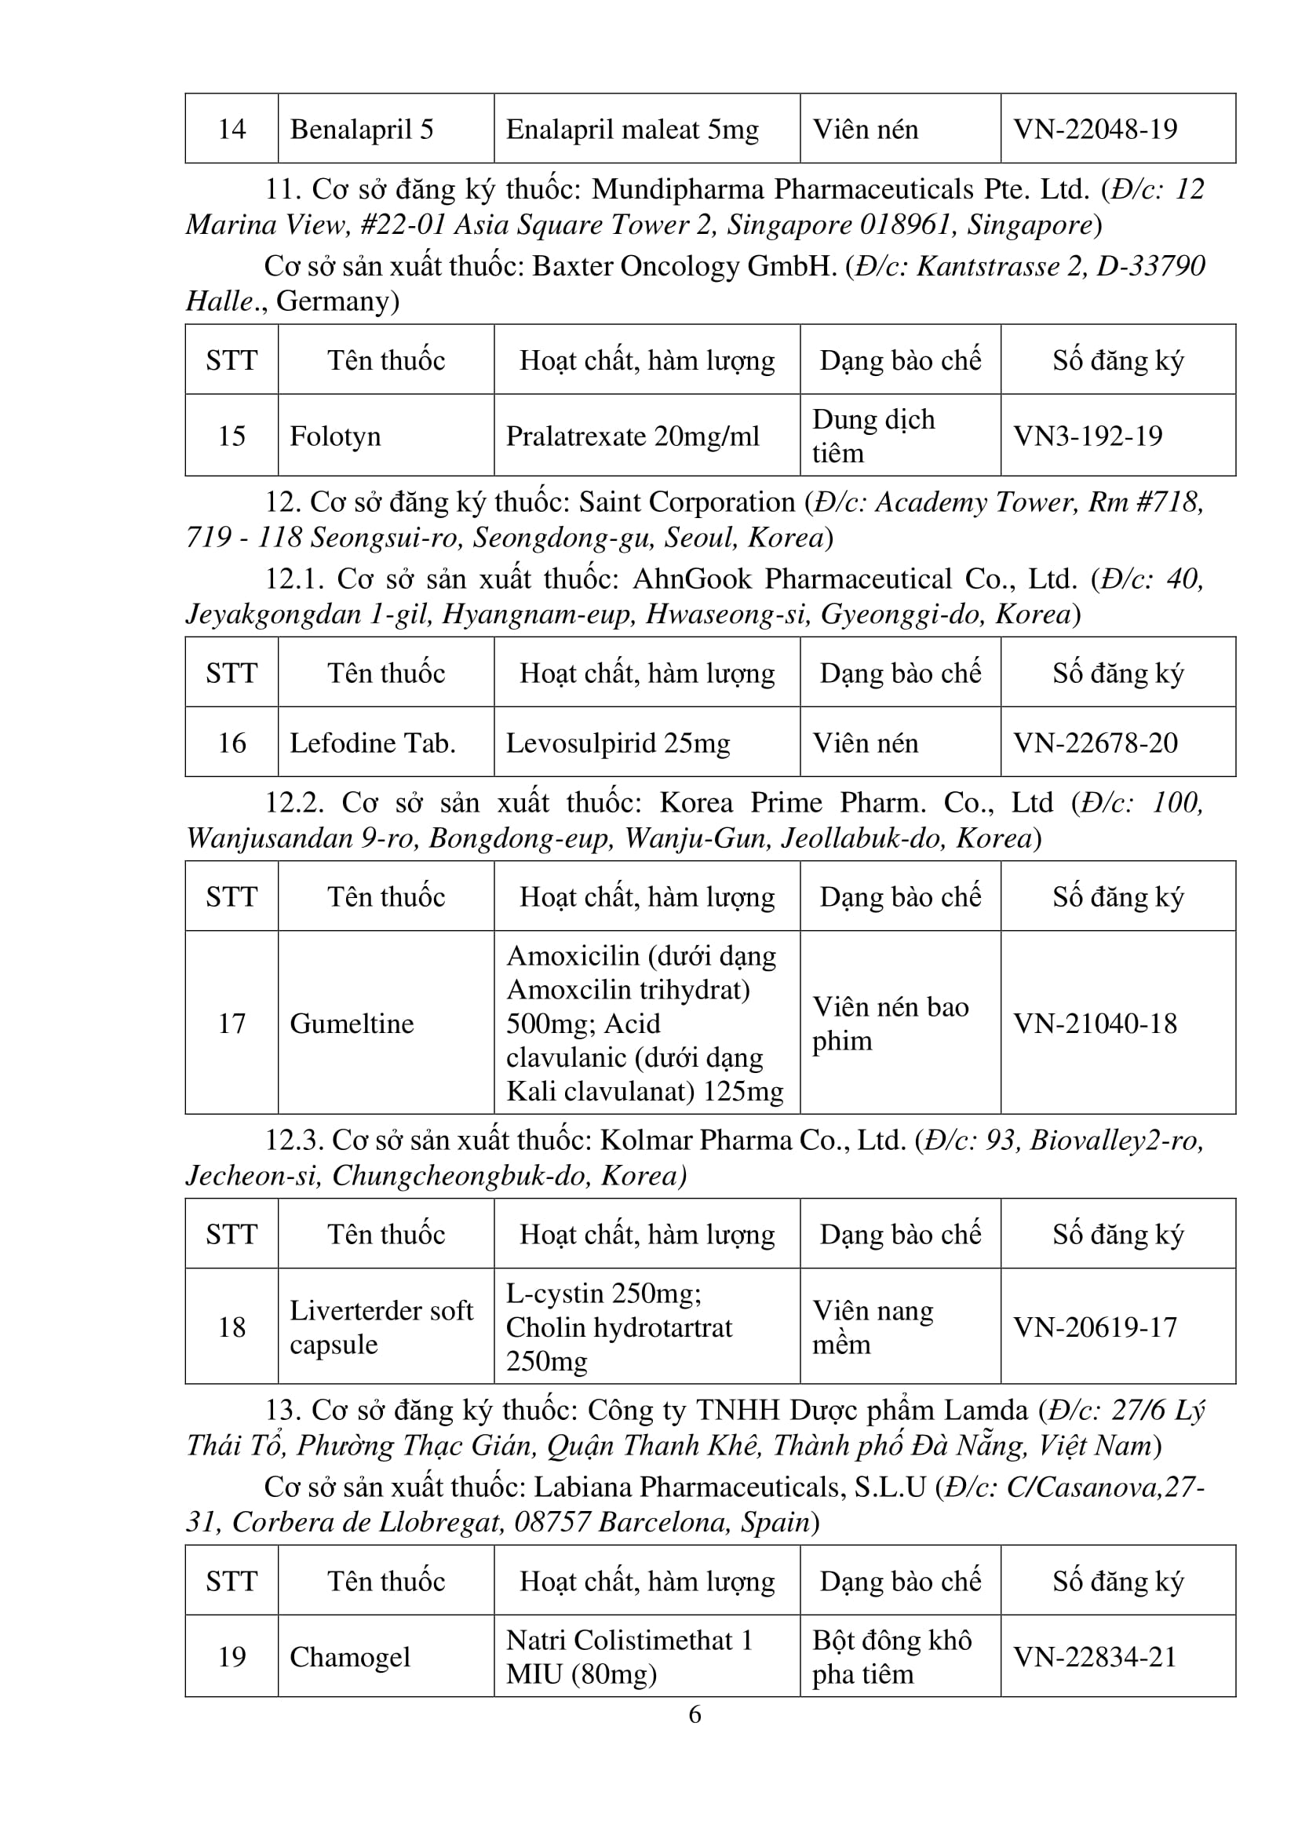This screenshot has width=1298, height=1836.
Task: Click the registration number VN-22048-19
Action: (1095, 129)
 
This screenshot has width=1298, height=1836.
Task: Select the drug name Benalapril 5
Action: (361, 129)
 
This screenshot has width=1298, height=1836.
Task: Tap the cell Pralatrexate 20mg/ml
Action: (633, 436)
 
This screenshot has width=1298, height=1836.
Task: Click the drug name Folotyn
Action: (335, 436)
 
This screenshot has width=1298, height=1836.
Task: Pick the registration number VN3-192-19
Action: (1087, 436)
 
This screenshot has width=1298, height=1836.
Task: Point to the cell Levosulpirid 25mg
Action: (618, 743)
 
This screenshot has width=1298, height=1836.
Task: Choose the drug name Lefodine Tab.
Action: (373, 743)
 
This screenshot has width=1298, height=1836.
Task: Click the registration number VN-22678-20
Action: (1095, 743)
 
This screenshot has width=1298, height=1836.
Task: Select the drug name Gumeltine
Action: (352, 1024)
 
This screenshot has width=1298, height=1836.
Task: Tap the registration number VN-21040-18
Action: (1095, 1024)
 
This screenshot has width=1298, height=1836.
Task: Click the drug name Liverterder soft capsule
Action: (381, 1327)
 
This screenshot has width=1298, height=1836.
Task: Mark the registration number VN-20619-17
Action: (1095, 1327)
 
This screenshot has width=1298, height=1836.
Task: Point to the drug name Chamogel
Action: (350, 1657)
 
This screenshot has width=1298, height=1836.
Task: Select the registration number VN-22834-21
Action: (1095, 1657)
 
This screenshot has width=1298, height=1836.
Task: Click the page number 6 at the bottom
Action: (695, 1714)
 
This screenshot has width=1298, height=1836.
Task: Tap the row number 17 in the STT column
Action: (232, 1024)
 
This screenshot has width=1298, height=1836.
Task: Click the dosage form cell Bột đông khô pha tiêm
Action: (891, 1657)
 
